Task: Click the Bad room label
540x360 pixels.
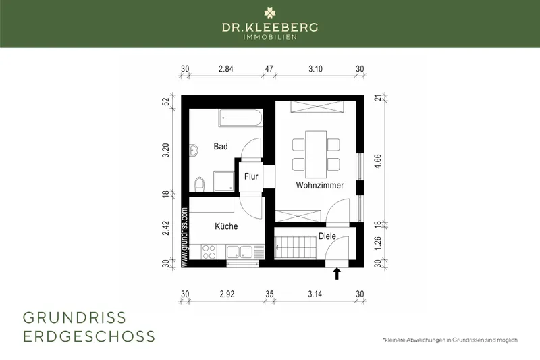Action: click(x=221, y=147)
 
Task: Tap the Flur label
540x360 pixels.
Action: click(x=251, y=176)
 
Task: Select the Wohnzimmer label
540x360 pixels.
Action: click(x=319, y=185)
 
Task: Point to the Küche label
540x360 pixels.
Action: click(x=226, y=226)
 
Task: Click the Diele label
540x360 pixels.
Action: click(x=327, y=236)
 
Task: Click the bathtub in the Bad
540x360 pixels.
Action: click(x=240, y=118)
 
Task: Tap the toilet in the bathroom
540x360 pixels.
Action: click(x=199, y=184)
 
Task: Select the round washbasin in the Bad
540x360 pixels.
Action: click(x=194, y=150)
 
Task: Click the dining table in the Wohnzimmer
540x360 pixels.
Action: click(x=316, y=154)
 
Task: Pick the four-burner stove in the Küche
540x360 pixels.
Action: click(x=209, y=251)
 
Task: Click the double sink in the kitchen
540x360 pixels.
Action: click(x=240, y=251)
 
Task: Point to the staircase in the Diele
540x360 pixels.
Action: click(x=296, y=247)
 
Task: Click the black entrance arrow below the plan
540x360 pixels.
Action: click(x=337, y=274)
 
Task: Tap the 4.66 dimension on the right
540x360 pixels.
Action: click(x=378, y=161)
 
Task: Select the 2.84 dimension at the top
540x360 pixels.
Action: click(x=226, y=69)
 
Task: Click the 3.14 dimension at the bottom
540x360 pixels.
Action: click(x=315, y=294)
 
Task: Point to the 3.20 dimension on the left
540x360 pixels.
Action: click(x=166, y=150)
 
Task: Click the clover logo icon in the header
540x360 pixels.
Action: click(x=270, y=13)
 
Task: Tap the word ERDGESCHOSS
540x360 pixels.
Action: click(x=89, y=336)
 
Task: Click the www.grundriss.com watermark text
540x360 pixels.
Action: click(x=184, y=237)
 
